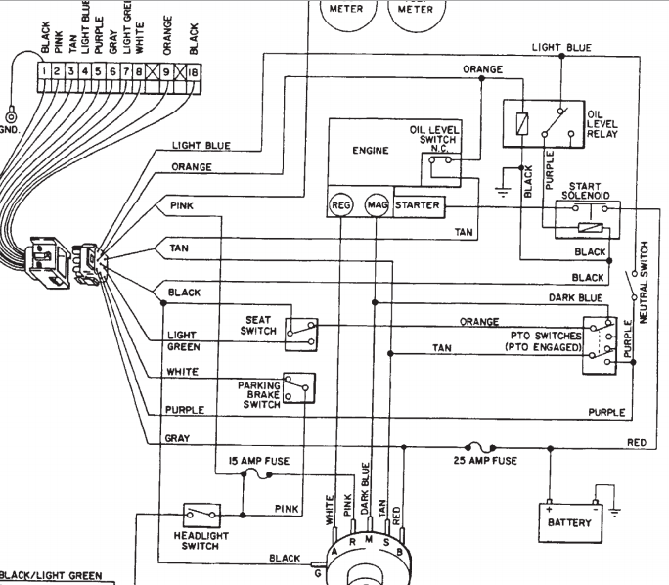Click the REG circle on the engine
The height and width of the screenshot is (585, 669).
[x=341, y=205]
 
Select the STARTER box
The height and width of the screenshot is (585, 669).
[x=419, y=206]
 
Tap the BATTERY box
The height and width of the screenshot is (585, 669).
[x=570, y=522]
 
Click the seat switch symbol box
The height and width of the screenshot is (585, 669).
[x=301, y=335]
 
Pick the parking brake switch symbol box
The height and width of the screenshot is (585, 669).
[x=299, y=387]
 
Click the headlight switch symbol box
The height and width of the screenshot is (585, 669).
[x=201, y=515]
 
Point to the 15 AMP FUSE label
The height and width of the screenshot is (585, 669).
[x=259, y=461]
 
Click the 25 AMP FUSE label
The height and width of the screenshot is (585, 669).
[x=485, y=461]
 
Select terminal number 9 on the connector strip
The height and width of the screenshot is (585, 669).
[x=166, y=72]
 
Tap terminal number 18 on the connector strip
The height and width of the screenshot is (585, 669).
[x=193, y=72]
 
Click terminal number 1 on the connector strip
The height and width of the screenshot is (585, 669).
[x=44, y=71]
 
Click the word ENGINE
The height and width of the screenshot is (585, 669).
[x=371, y=151]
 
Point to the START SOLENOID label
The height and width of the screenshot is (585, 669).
[x=585, y=191]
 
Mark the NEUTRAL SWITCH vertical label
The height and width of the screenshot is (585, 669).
[x=644, y=283]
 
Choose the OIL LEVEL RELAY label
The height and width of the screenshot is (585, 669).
[x=602, y=124]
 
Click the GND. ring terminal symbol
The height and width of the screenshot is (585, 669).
[x=10, y=116]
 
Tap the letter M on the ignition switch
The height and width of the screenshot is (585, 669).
[x=369, y=540]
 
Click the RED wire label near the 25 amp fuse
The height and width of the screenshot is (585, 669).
[x=637, y=442]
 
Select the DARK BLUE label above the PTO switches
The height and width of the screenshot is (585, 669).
[x=575, y=297]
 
